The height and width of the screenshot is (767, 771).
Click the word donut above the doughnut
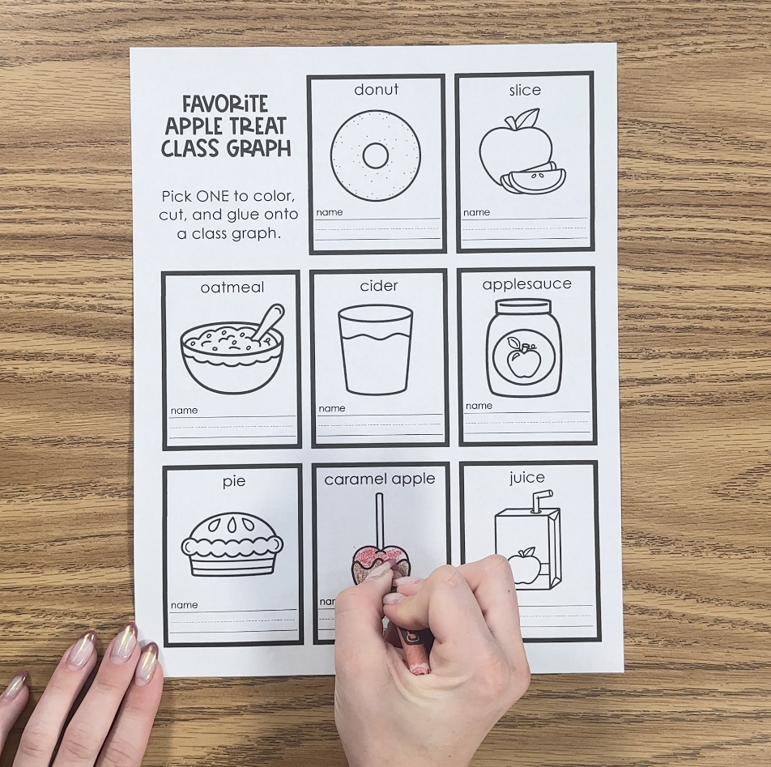(376, 90)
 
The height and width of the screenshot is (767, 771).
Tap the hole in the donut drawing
(376, 156)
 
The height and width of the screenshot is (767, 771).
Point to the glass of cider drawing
(376, 349)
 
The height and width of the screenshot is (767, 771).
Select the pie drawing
(232, 544)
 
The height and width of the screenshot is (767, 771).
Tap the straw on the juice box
(543, 501)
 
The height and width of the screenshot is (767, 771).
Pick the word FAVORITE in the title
(225, 104)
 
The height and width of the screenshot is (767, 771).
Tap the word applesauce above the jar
(526, 284)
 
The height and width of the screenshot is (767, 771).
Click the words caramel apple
(380, 479)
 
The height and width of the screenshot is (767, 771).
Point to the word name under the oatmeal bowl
(184, 411)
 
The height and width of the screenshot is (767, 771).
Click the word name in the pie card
(184, 605)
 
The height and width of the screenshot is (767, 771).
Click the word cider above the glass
(379, 286)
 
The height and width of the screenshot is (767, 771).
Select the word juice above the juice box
(527, 478)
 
